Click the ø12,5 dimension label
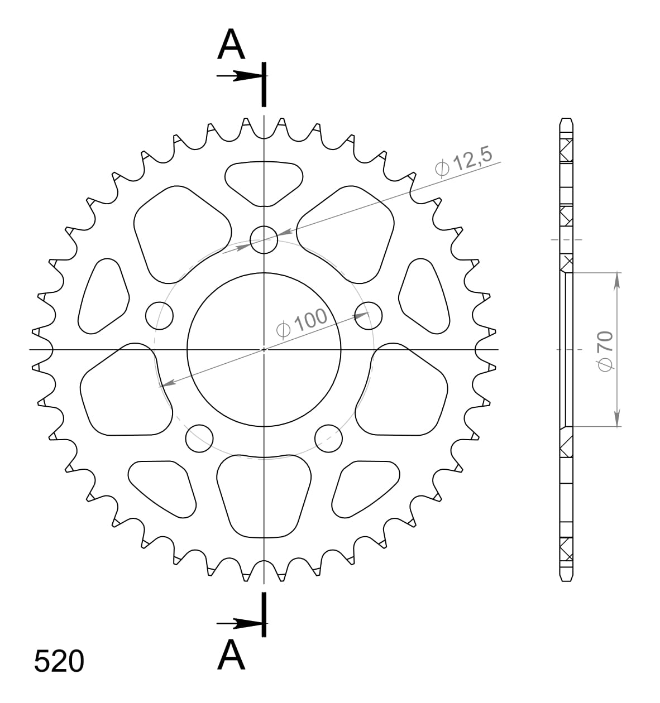pyautogui.click(x=463, y=162)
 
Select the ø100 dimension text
pyautogui.click(x=302, y=323)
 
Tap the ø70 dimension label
pyautogui.click(x=605, y=350)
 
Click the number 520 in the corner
pyautogui.click(x=59, y=661)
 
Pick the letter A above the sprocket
pyautogui.click(x=231, y=45)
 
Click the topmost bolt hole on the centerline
pyautogui.click(x=264, y=240)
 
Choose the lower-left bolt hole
pyautogui.click(x=199, y=439)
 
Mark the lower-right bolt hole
pyautogui.click(x=328, y=439)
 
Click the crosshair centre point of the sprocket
pyautogui.click(x=264, y=350)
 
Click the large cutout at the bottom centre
pyautogui.click(x=264, y=492)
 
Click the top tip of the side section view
pyautogui.click(x=566, y=119)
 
